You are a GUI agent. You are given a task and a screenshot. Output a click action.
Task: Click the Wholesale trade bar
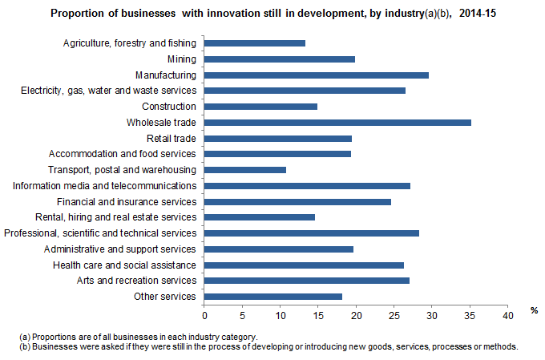337,123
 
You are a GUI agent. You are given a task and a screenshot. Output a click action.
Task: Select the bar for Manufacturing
317,75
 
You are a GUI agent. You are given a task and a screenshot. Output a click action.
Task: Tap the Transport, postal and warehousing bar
245,170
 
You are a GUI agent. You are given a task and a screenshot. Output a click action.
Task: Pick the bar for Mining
280,59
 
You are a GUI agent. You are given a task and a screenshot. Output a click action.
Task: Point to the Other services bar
273,297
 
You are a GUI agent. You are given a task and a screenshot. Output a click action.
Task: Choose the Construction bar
260,107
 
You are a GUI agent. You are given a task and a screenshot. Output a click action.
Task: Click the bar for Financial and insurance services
297,201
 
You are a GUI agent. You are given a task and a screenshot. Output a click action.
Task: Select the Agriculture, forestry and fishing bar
255,43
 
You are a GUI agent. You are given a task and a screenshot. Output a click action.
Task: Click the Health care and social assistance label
124,265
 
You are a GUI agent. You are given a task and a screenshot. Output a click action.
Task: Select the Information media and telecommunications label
104,185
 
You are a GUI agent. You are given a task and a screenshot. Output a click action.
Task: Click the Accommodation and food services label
123,154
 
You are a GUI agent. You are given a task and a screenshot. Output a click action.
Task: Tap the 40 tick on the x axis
507,316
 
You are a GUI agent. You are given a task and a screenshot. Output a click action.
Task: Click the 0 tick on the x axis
204,316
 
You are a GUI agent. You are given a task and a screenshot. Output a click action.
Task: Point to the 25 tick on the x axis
394,316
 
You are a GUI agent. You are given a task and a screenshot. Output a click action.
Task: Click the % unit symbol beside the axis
533,309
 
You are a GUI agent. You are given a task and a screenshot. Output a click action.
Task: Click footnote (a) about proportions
139,337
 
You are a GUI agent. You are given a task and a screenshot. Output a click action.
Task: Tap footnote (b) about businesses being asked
268,346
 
